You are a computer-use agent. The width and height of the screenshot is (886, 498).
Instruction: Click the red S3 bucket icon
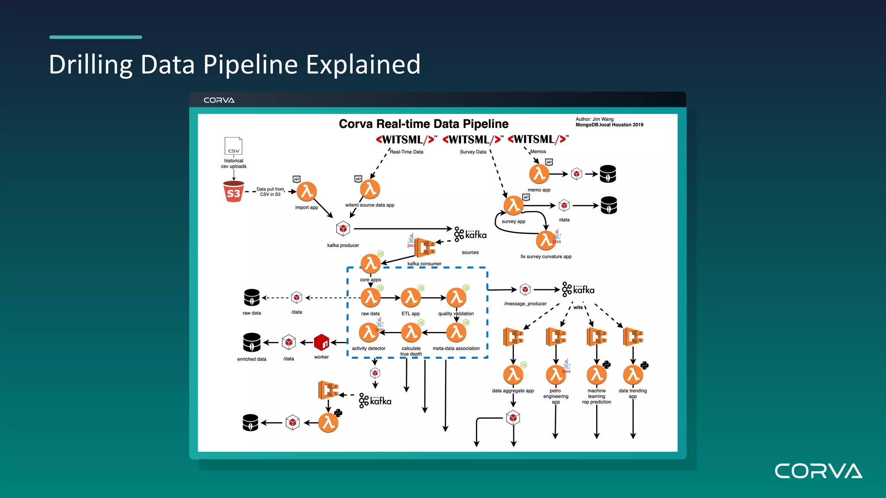point(234,192)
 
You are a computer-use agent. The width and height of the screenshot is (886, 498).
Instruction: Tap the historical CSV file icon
point(233,146)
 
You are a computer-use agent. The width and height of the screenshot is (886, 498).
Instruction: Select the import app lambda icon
point(307,192)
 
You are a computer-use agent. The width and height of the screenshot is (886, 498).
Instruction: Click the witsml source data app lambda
point(370,189)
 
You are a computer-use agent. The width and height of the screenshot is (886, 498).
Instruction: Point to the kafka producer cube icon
point(343,228)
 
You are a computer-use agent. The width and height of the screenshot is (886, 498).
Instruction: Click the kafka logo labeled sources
point(470,234)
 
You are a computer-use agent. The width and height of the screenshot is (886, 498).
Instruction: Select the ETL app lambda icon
point(411,298)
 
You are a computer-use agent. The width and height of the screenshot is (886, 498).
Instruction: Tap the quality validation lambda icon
point(456,298)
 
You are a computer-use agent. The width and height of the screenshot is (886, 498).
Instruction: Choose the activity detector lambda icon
point(369,332)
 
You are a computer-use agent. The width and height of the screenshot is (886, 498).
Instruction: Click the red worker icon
point(321,342)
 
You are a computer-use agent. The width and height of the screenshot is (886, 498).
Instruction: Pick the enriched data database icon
point(252,342)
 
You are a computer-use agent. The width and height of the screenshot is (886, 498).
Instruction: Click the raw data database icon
point(252,297)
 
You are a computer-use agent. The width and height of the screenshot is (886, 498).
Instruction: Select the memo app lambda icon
point(539,174)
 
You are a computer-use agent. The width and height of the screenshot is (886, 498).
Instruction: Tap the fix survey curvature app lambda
point(546,240)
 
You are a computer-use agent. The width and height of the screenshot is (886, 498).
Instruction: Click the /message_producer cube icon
point(525,289)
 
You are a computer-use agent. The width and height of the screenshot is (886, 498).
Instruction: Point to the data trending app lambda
point(633,375)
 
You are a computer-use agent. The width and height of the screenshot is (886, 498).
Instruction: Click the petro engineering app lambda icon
point(556,375)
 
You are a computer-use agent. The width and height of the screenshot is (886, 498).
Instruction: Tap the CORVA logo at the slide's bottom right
point(818,471)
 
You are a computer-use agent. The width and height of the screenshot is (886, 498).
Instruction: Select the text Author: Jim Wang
point(594,119)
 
